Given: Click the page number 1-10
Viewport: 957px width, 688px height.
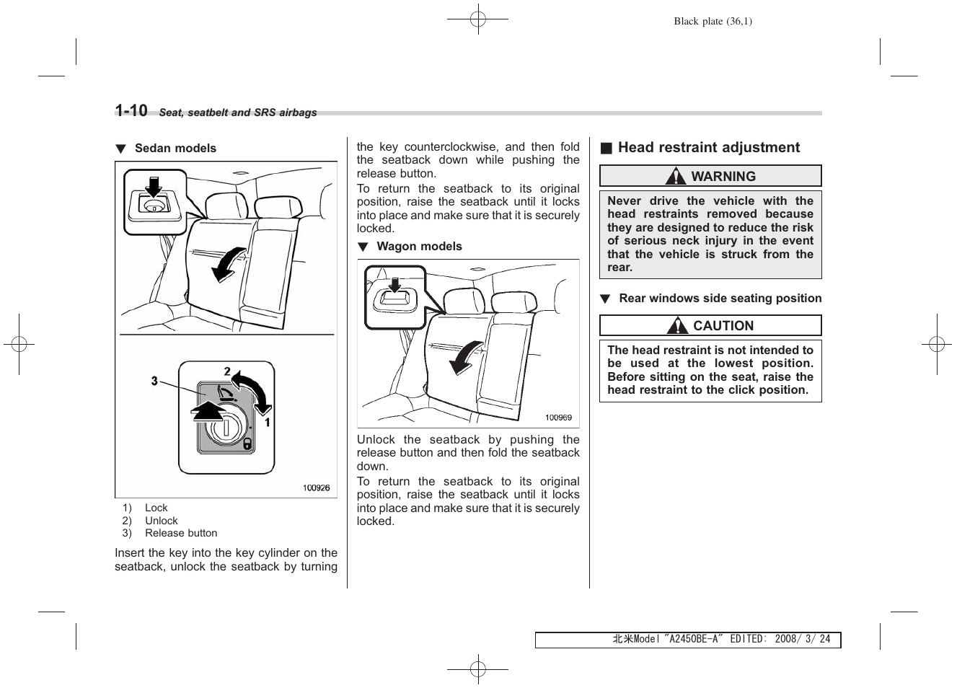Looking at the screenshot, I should pos(131,110).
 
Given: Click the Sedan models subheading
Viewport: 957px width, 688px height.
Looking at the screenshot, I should pos(175,149).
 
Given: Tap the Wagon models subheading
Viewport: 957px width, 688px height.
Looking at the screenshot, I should pos(419,247).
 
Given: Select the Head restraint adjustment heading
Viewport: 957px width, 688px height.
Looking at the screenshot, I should pos(708,148).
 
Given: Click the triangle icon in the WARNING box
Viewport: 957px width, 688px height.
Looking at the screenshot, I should pos(676,177).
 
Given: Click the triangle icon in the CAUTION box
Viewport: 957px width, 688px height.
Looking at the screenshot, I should pos(677,326).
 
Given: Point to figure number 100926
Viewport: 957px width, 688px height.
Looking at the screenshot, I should pos(316,488).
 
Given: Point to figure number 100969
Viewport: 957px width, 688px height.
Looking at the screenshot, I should pos(558,418).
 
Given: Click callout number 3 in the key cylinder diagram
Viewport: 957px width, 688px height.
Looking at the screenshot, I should pos(154,380).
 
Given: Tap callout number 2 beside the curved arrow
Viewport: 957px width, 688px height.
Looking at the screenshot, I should pos(227,371).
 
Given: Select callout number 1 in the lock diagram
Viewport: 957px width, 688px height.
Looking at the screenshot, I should pos(267,423).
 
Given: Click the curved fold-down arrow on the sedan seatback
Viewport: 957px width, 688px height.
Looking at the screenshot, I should pos(228,264).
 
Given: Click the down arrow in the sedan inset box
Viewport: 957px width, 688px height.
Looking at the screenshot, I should pos(153,185).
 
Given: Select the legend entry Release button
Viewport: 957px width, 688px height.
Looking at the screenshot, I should pos(181,534).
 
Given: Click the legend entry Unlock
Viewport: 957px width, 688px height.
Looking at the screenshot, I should pos(161,521).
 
